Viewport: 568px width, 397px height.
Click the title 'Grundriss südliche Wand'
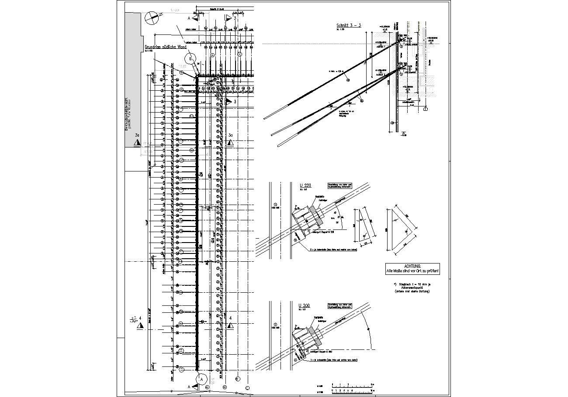coord(166,47)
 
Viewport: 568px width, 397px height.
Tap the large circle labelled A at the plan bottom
coord(201,379)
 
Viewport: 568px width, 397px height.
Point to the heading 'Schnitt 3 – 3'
coord(349,25)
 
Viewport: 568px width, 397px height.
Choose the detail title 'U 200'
coord(304,305)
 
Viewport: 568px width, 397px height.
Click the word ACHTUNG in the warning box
coord(412,266)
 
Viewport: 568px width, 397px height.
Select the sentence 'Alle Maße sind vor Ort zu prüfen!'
coord(412,271)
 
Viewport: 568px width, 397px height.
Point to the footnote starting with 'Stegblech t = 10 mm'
coord(412,287)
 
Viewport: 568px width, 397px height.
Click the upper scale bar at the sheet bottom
coord(352,386)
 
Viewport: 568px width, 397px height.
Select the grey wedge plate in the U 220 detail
coord(319,216)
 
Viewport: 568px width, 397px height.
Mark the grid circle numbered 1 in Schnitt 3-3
coord(426,109)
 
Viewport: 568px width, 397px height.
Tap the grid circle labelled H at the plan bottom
coord(225,387)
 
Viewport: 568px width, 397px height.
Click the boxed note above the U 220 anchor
coord(343,185)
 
